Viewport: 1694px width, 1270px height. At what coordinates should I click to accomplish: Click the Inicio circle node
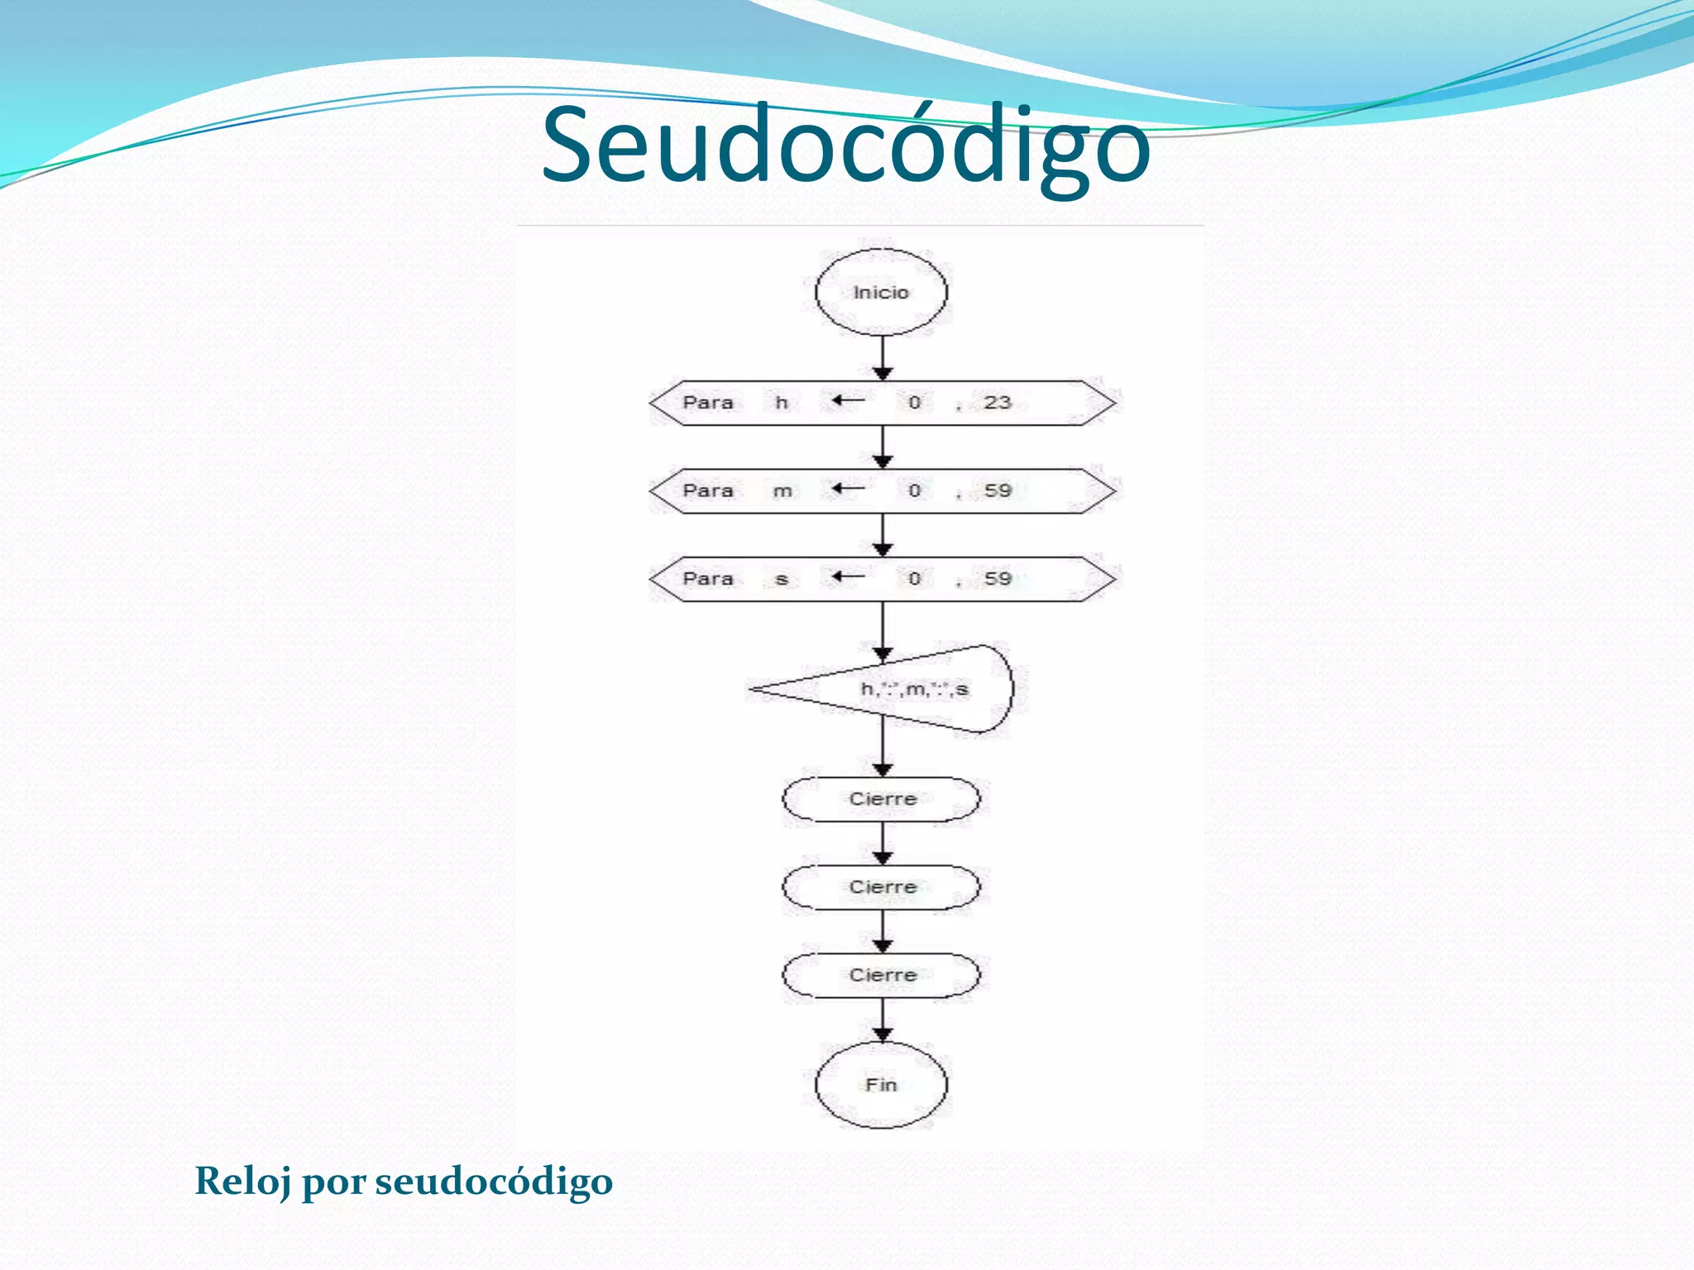point(881,292)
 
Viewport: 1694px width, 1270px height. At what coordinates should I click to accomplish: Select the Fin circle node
point(881,1084)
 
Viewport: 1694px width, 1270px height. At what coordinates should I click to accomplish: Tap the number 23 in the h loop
point(998,403)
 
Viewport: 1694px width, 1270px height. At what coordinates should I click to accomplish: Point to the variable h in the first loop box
point(781,403)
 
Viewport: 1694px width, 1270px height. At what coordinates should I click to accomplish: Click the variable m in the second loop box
point(782,491)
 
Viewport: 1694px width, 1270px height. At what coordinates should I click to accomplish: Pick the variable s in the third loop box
point(781,579)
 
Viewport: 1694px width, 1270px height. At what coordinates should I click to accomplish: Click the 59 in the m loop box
point(998,491)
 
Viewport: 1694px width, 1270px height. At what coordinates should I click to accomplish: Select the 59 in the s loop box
point(998,579)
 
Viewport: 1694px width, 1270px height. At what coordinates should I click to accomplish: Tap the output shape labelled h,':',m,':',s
point(914,689)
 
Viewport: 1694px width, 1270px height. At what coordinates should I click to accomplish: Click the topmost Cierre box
point(882,799)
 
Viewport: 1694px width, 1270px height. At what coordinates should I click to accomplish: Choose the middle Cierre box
point(882,887)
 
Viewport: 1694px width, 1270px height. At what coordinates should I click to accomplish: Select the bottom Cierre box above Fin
point(882,975)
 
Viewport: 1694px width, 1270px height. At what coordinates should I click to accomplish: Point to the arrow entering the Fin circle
point(883,1021)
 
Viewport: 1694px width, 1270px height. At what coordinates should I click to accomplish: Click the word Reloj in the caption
point(242,1181)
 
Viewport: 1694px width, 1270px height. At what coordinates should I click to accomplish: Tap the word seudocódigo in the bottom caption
point(494,1181)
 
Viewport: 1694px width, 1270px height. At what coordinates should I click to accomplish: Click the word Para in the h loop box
point(708,403)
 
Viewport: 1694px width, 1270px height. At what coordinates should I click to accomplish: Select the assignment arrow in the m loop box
point(849,489)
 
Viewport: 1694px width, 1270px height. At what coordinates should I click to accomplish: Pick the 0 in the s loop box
point(914,579)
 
